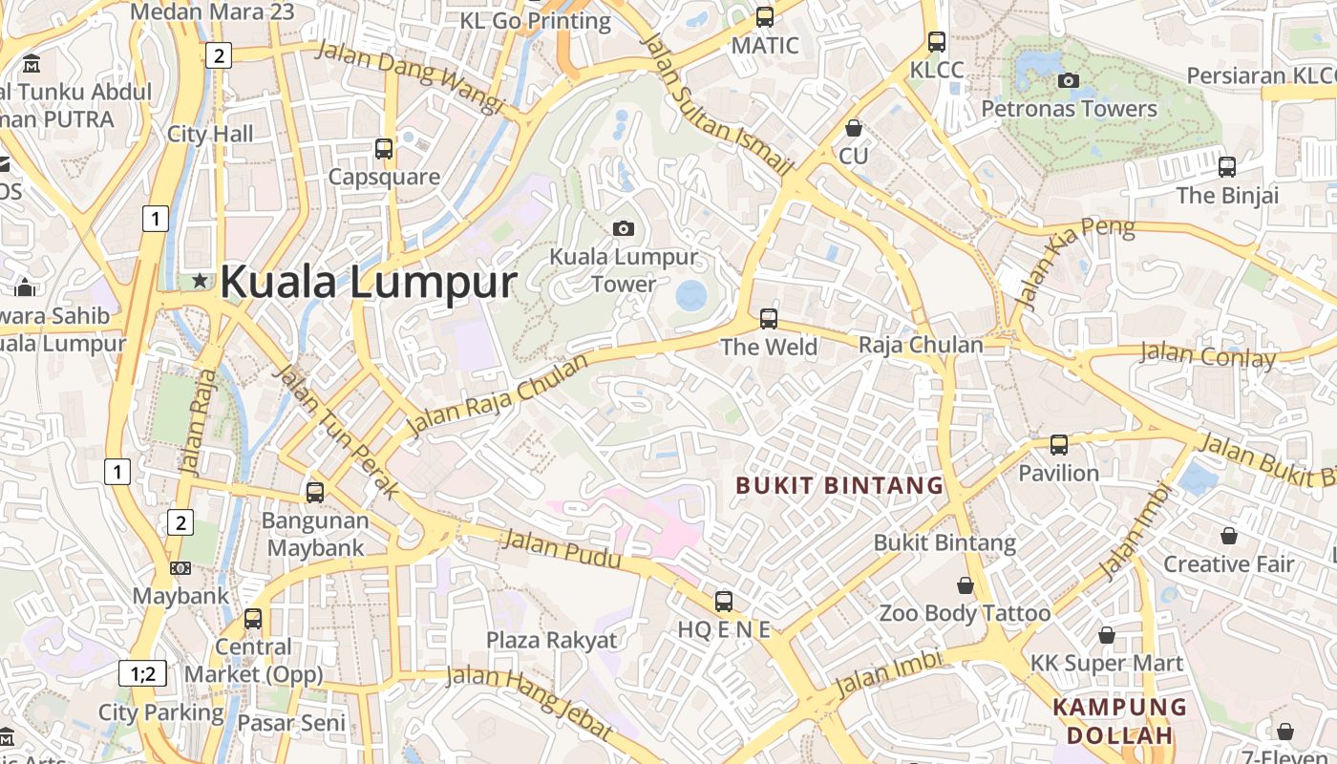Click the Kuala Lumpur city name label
click(x=368, y=282)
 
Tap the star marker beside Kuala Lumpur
click(x=200, y=281)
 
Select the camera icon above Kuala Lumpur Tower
click(x=624, y=228)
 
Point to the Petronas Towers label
click(x=1070, y=109)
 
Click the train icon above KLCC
click(x=937, y=42)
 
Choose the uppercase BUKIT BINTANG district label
click(x=839, y=485)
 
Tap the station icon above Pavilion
click(x=1059, y=445)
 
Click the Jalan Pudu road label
click(x=562, y=551)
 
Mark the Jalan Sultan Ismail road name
click(x=719, y=104)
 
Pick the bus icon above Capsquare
click(x=384, y=149)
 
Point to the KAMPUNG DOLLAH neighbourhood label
click(x=1119, y=721)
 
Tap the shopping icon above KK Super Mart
click(x=1107, y=635)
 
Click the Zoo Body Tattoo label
click(x=965, y=612)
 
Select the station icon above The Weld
click(x=769, y=319)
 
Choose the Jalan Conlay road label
click(x=1208, y=355)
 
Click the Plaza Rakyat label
click(x=552, y=640)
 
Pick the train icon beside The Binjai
click(x=1227, y=167)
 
